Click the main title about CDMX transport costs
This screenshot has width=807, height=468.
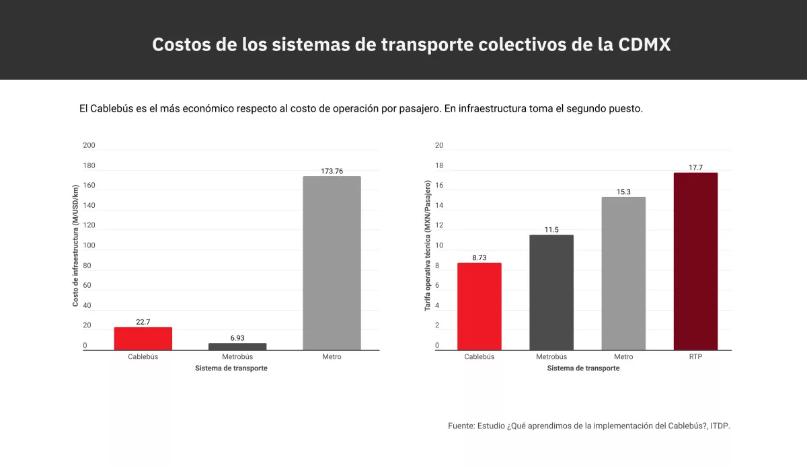(x=411, y=44)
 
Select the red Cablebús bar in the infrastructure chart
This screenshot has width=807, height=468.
(x=143, y=338)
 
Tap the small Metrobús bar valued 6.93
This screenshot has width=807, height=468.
(x=237, y=346)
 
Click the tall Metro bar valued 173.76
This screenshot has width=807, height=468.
(x=332, y=263)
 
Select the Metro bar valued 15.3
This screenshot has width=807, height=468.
(x=623, y=273)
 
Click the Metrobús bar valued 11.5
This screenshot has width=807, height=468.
(x=551, y=292)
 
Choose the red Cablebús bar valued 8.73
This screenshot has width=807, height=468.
(x=479, y=306)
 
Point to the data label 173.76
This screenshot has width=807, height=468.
(x=332, y=171)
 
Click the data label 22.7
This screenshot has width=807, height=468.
(x=143, y=322)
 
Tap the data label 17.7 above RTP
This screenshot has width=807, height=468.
(x=695, y=167)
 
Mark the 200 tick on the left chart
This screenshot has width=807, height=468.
(x=89, y=145)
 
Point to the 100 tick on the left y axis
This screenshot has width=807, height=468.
(x=89, y=245)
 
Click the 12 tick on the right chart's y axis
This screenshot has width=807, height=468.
(x=439, y=225)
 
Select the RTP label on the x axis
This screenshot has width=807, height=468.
(x=695, y=357)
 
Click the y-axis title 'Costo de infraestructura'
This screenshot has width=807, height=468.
(x=76, y=245)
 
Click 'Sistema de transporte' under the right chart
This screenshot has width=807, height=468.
(x=583, y=368)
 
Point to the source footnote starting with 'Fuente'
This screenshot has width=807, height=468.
(x=588, y=426)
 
